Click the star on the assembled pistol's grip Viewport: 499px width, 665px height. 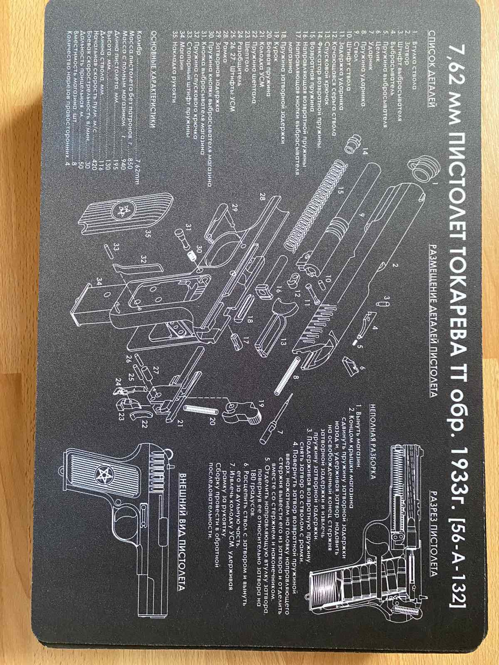[101, 473]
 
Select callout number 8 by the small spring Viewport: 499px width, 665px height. [296, 378]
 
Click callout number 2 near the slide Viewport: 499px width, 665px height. [391, 265]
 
